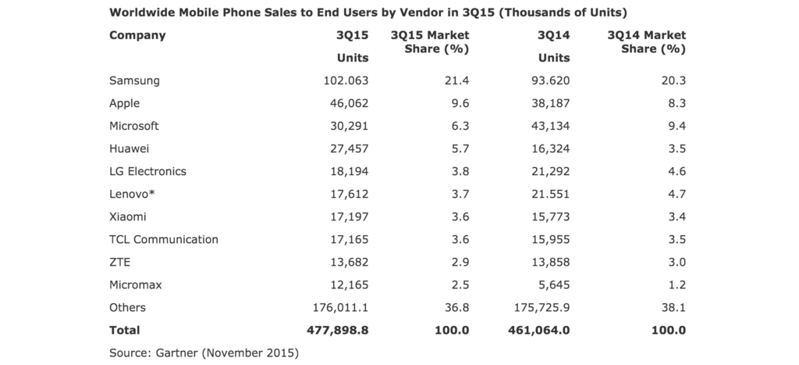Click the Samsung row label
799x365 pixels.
[134, 81]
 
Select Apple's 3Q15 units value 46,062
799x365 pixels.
[349, 103]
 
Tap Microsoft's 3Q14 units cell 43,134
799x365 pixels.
[550, 126]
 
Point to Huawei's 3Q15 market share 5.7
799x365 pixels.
[460, 149]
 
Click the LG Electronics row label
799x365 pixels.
[147, 171]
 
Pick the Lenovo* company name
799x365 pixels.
[131, 194]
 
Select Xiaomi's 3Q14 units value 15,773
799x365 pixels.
[550, 217]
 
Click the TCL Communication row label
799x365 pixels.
[164, 239]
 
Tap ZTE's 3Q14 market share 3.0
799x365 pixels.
[676, 263]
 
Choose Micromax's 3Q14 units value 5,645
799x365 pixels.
[554, 284]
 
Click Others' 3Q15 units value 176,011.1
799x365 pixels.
[340, 308]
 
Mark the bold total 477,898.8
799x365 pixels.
[337, 331]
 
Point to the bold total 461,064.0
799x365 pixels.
[538, 331]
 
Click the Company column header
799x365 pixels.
[137, 36]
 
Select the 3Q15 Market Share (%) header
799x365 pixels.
[430, 42]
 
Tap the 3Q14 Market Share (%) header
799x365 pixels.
[647, 42]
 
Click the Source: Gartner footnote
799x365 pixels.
[204, 352]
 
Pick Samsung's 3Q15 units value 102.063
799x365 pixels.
[346, 81]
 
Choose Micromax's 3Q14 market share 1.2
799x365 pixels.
[676, 284]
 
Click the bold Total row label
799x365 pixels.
[124, 331]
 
